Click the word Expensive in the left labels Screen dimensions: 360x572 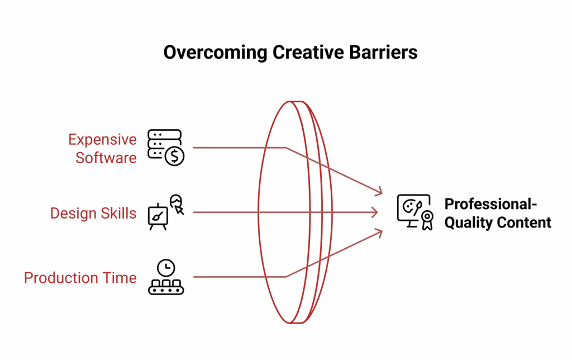[x=102, y=139]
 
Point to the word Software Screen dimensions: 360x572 [x=106, y=158]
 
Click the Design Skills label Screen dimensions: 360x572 [x=93, y=213]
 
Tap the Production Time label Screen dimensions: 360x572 [x=80, y=278]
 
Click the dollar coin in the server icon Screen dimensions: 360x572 [x=175, y=157]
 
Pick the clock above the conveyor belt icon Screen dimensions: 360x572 [x=166, y=267]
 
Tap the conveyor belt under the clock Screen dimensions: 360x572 [x=166, y=287]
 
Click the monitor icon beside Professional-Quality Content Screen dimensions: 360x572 [x=412, y=209]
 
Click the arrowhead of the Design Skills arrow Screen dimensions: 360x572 [x=376, y=212]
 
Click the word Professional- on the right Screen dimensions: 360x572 [x=490, y=204]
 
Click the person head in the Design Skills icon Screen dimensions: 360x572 [x=177, y=201]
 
